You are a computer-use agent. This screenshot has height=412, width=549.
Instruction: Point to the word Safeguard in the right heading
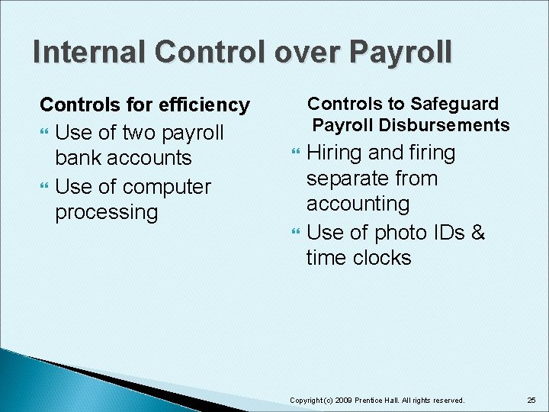point(454,104)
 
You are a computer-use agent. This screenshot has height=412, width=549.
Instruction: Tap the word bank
point(80,158)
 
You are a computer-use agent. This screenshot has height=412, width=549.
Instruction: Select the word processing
point(106,212)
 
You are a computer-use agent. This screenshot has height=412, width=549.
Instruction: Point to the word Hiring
point(335,153)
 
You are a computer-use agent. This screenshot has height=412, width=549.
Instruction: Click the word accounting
point(358,204)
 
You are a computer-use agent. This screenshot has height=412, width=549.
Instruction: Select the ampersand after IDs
point(478,232)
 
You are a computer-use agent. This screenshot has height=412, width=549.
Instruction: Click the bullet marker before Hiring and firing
point(297,154)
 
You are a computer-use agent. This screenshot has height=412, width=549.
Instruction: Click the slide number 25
point(531,400)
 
